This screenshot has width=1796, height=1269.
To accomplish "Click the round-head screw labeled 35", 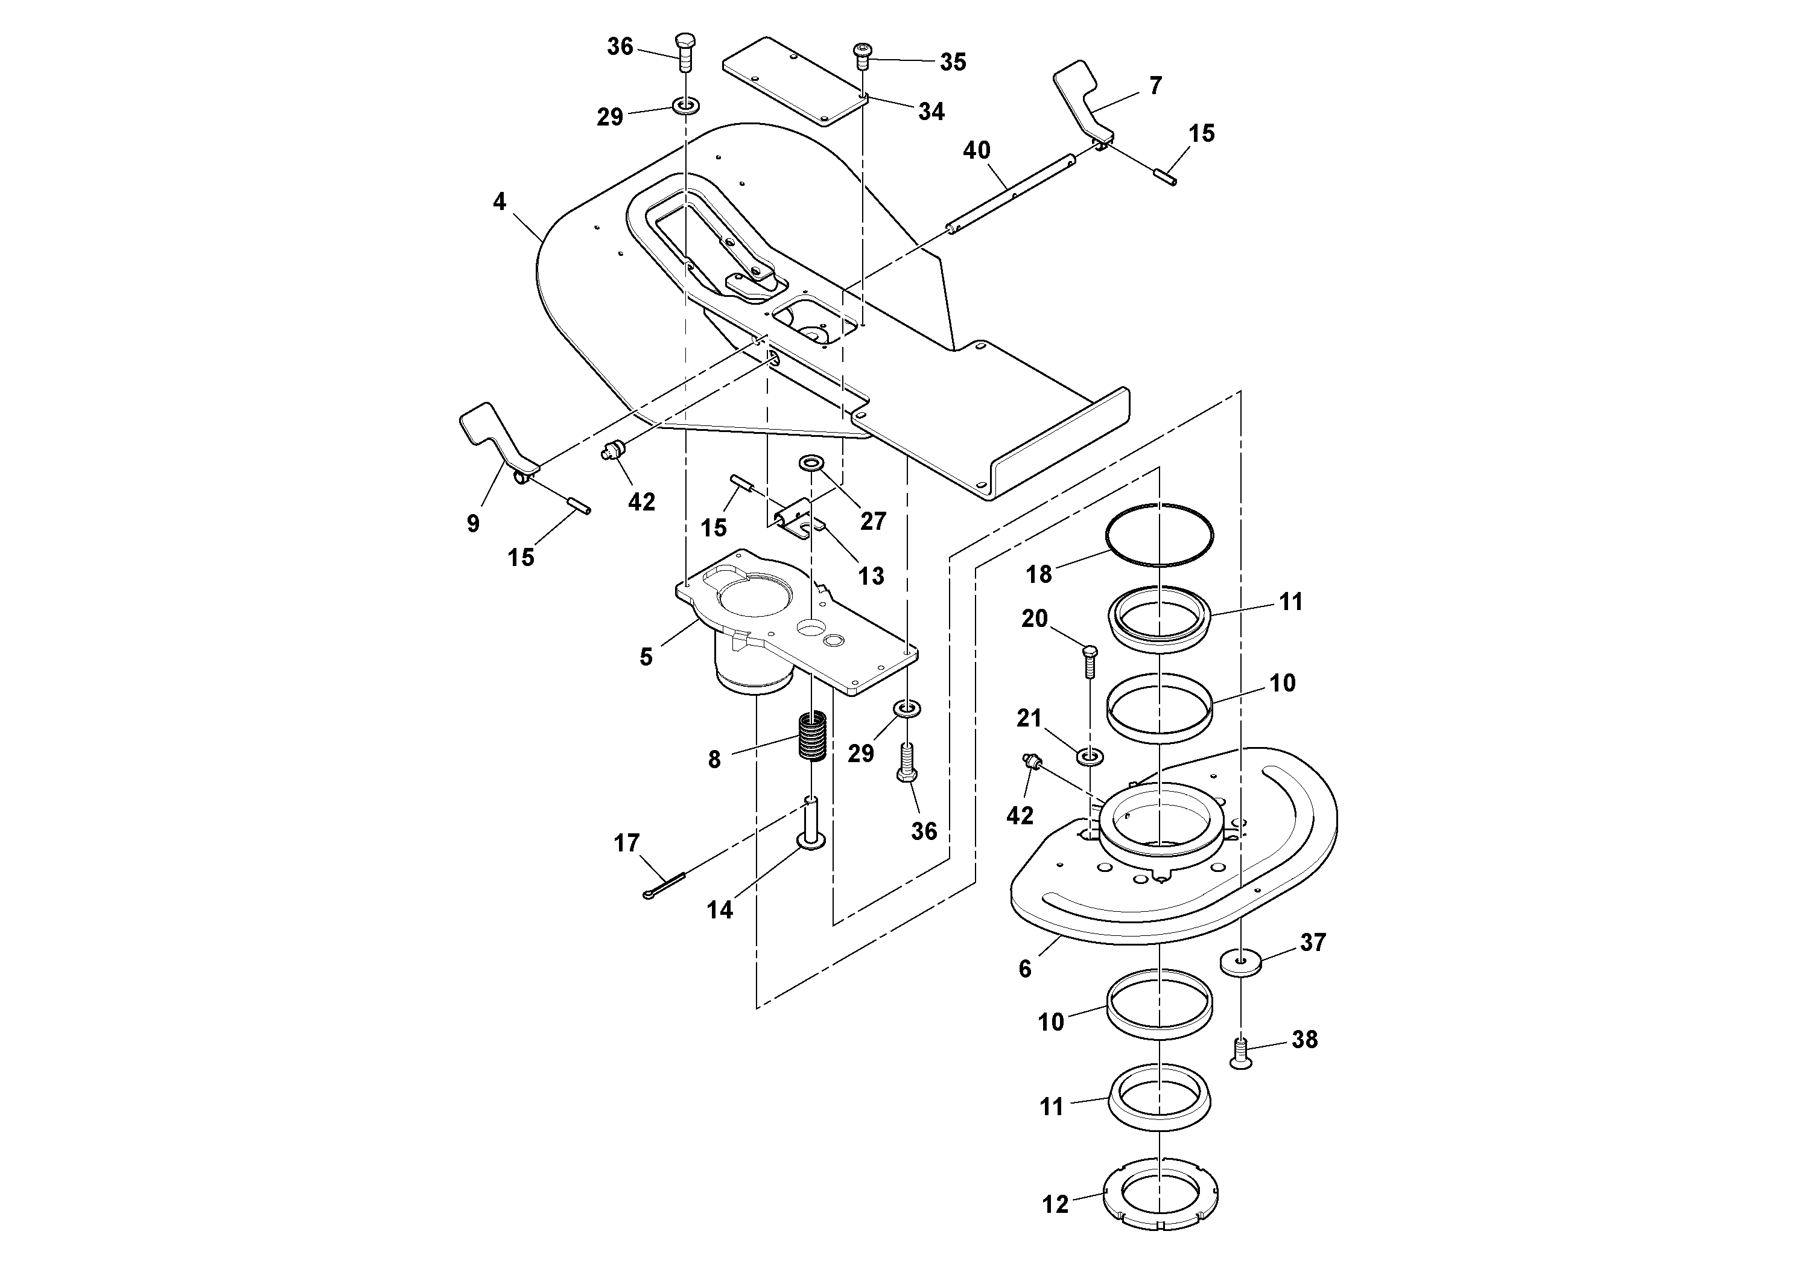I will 862,56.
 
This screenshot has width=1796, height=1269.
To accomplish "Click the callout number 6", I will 1025,968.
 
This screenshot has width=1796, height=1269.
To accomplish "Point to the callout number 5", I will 646,657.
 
